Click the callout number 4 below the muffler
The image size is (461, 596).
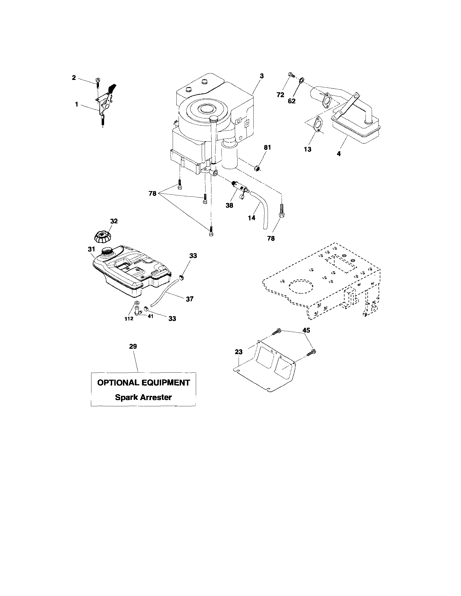(339, 154)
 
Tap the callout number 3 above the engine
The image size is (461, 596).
(261, 76)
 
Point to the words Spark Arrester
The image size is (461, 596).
(143, 397)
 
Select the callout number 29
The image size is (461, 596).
(133, 346)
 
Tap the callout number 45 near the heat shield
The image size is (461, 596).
(306, 330)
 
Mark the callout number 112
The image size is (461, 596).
(129, 319)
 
